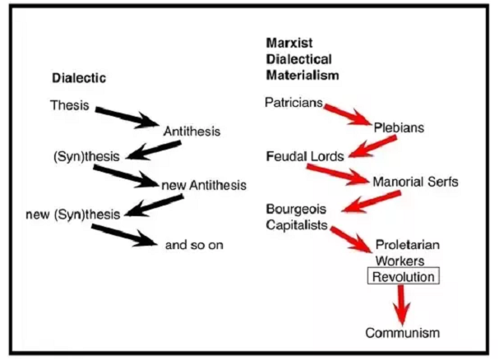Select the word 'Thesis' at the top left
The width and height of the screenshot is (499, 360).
tap(69, 105)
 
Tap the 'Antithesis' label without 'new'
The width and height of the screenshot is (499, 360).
tap(192, 131)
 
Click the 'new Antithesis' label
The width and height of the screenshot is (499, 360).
tap(204, 186)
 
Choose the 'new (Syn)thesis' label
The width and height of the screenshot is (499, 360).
tap(73, 215)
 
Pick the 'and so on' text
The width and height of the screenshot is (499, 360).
tap(194, 244)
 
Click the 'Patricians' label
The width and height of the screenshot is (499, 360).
tap(293, 103)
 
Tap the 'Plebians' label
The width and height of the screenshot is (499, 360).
tap(400, 129)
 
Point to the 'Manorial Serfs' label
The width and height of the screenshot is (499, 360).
tap(415, 181)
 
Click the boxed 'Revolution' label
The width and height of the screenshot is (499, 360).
tap(403, 277)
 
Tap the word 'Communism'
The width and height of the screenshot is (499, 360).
tap(403, 333)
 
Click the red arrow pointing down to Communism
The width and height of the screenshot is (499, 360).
tap(401, 305)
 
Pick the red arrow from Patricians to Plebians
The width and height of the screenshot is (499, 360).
tap(346, 113)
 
